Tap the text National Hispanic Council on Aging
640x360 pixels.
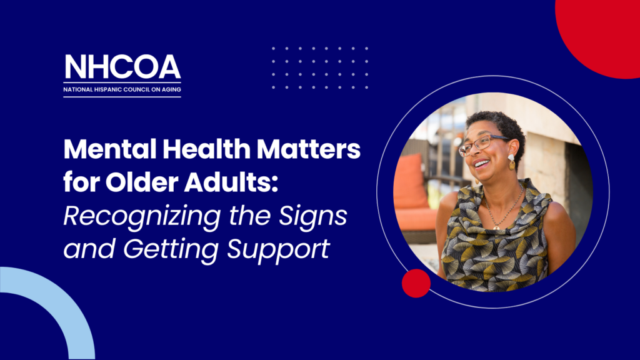click(x=122, y=89)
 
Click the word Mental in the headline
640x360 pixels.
click(x=110, y=149)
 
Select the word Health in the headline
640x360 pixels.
click(x=206, y=149)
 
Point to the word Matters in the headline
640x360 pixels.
click(x=309, y=150)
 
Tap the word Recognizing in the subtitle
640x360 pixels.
click(x=142, y=217)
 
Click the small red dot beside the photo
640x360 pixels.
click(x=416, y=283)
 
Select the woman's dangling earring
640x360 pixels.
click(x=511, y=162)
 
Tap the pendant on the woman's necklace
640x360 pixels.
click(x=496, y=226)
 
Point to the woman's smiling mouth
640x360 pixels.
click(x=482, y=164)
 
